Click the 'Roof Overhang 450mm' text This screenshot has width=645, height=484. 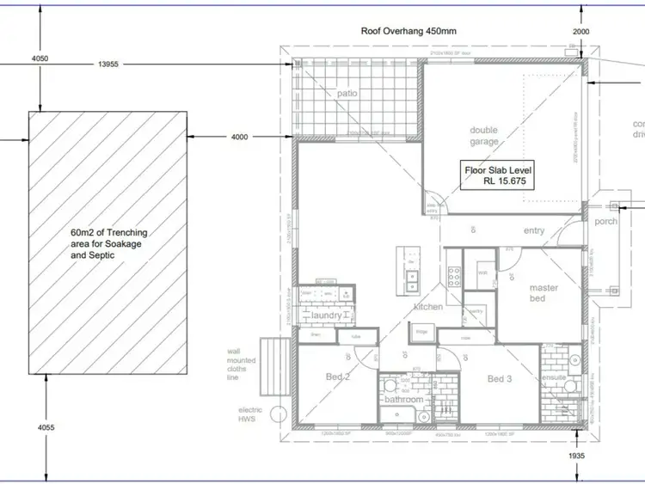pos(408,31)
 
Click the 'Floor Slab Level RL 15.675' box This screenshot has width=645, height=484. pos(500,176)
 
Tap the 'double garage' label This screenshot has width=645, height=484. pos(484,136)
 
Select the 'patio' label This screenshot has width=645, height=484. pos(347,93)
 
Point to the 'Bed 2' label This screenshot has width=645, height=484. pos(337,377)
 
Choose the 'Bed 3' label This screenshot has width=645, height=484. pos(500,379)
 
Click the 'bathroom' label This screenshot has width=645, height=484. pos(403,400)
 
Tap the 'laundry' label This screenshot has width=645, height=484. pos(328,316)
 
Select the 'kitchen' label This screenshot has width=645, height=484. pos(427,307)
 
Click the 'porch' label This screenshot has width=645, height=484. pos(606,221)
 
